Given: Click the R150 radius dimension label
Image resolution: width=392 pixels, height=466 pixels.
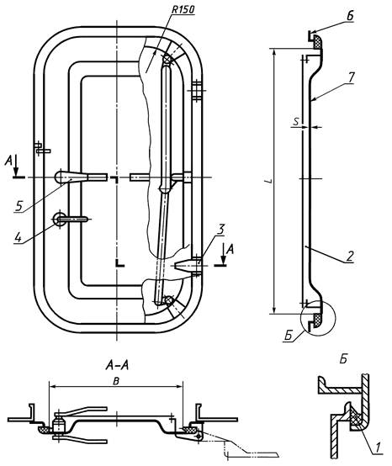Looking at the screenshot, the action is pos(183,9).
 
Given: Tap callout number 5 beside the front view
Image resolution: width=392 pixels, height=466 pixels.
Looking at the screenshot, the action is pos(19,205).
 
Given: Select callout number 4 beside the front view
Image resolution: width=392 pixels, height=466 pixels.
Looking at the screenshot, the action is pos(19,237).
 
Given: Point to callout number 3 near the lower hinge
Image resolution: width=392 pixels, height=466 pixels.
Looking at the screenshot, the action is pos(220,229).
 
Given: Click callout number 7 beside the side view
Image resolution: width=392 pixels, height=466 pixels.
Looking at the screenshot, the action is pos(351,78).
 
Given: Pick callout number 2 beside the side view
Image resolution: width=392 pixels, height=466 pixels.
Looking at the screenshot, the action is pos(351,256).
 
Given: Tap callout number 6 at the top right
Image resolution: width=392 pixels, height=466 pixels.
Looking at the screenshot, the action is pos(351,16).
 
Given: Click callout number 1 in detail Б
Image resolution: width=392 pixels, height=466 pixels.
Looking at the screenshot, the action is pos(378,447).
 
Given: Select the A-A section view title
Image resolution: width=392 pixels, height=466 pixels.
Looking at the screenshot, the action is pos(117,366).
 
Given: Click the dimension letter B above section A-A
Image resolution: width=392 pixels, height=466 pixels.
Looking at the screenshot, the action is pos(116,381).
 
